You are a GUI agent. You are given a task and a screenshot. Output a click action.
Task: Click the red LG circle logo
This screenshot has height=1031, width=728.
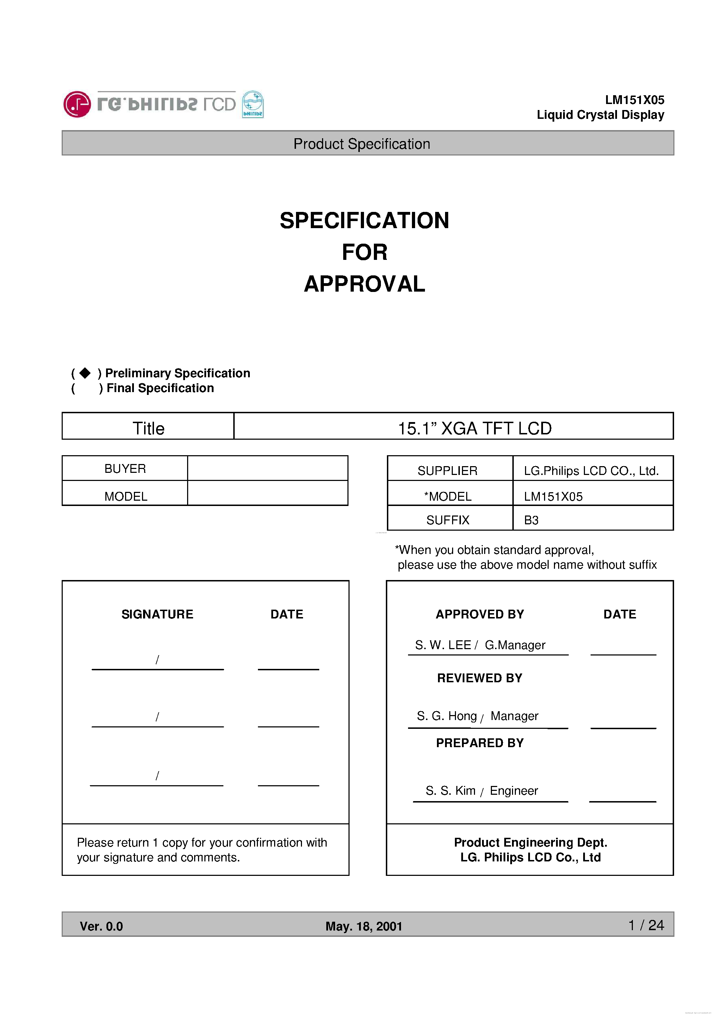coord(77,104)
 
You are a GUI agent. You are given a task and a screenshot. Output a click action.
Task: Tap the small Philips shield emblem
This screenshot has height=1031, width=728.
coord(253,104)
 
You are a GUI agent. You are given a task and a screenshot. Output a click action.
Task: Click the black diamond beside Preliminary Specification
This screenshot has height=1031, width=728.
coord(85,373)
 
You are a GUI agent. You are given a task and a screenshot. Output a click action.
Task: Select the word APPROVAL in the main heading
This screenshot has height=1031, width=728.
coord(364,284)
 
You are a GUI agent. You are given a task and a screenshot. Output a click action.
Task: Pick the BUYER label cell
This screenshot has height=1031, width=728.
coord(125,468)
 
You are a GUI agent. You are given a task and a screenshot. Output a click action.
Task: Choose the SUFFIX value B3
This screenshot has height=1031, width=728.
coord(531,520)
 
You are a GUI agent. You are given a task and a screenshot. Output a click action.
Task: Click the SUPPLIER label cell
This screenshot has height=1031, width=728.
coord(447,471)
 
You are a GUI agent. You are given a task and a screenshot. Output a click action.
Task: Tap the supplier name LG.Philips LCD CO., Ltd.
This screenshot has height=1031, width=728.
coord(591,471)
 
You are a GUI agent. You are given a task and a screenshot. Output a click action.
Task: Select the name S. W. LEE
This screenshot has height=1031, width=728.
coord(443,645)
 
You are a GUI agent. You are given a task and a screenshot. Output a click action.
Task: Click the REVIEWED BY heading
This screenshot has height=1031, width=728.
coord(479,678)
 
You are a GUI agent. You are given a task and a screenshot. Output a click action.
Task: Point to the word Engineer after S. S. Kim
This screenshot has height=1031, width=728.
coord(513,790)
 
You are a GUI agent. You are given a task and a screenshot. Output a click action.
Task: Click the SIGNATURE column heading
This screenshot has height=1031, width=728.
coord(157,614)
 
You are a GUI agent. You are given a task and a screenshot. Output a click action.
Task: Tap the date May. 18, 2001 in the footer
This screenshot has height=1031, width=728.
coord(364,926)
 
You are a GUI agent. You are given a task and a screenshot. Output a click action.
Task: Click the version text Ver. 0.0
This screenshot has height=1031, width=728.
coord(101,926)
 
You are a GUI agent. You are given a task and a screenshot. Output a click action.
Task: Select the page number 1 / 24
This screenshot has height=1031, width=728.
coord(646,925)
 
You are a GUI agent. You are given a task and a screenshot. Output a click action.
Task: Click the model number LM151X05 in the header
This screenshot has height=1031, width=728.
coord(634,100)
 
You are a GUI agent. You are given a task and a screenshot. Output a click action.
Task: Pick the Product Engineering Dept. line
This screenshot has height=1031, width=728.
coord(530,842)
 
